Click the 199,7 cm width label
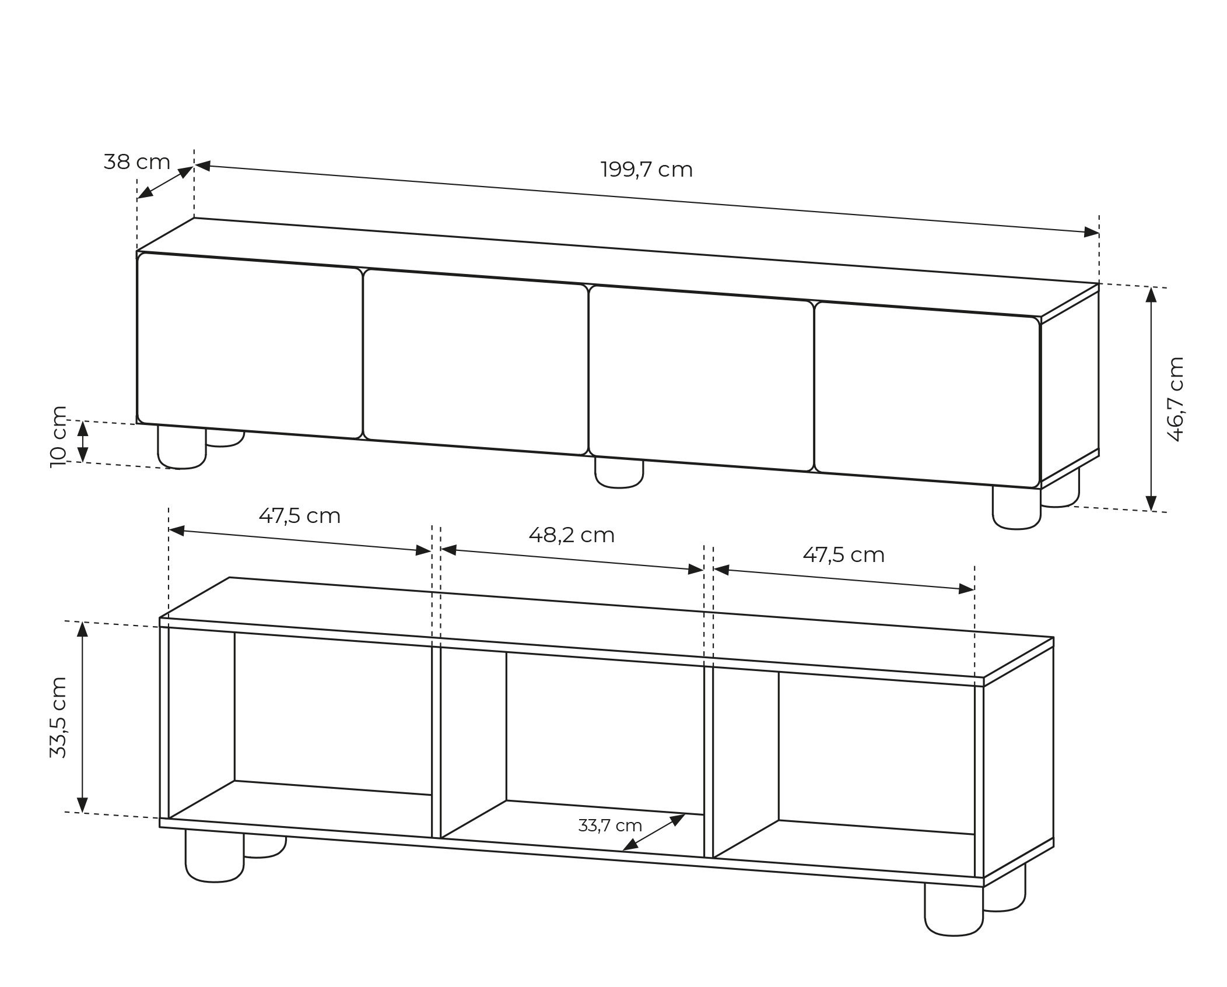point(646,170)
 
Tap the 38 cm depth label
point(137,161)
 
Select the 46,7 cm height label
point(1176,399)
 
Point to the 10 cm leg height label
point(58,437)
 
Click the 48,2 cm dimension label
point(572,535)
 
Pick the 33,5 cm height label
point(58,717)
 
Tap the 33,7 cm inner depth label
point(610,826)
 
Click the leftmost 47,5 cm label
point(299,516)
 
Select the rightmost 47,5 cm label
point(843,555)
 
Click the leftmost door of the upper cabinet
point(250,345)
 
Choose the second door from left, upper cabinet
point(475,362)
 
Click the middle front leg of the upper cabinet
point(619,473)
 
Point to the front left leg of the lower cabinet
point(214,856)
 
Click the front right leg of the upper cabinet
point(1016,508)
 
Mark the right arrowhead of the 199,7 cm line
point(1092,233)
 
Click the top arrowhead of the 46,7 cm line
point(1151,295)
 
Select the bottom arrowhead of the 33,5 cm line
point(82,804)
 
